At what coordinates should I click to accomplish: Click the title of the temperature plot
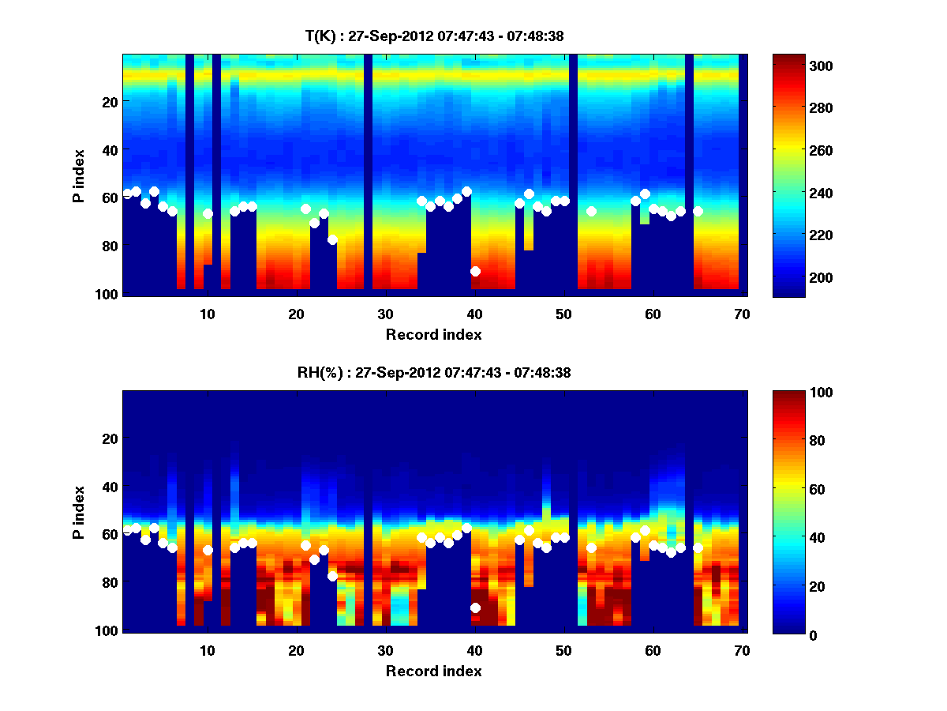(434, 36)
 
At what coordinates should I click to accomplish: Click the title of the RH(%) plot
(434, 372)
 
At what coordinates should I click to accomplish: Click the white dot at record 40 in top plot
(475, 271)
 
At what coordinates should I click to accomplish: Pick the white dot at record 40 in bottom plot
(475, 608)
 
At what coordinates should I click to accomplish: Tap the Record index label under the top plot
(433, 334)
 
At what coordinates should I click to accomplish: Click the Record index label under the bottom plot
(433, 671)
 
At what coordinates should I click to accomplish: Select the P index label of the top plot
(79, 175)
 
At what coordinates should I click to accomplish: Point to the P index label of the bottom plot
(79, 512)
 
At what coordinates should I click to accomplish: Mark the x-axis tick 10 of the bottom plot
(207, 649)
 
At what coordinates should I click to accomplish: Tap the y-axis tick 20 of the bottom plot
(110, 438)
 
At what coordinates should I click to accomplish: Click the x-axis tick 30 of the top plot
(385, 313)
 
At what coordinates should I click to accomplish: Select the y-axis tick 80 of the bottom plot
(110, 582)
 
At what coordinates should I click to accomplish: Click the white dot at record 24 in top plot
(332, 239)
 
